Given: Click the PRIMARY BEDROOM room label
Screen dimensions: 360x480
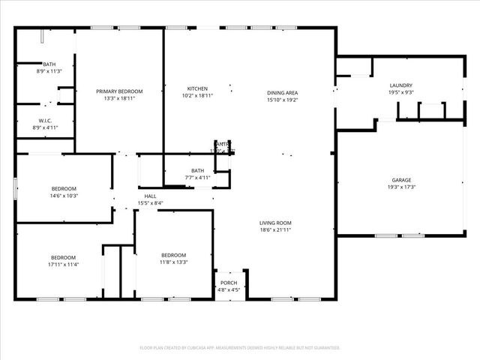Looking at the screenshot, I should [x=119, y=91].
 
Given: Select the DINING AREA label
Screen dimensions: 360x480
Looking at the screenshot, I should [x=282, y=92].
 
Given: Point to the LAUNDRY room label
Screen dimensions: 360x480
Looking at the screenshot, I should [x=401, y=85].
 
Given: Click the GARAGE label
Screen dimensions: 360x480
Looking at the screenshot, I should [x=401, y=180].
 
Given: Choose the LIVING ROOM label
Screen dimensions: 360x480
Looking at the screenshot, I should [x=275, y=223].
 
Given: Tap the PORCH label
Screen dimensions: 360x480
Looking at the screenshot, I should [x=229, y=283].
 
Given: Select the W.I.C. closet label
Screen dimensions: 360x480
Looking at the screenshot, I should [x=45, y=121].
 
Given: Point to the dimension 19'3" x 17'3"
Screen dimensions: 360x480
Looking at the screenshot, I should [x=401, y=187].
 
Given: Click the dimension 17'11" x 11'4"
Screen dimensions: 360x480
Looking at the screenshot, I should [x=63, y=264].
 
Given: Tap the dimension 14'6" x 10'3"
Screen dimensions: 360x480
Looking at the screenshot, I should [x=64, y=195].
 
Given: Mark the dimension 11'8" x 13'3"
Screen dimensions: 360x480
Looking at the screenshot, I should [x=173, y=262].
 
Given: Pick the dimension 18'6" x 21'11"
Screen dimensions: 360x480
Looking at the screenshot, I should [x=275, y=229].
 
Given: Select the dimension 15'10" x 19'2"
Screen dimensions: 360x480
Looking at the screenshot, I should [x=282, y=99].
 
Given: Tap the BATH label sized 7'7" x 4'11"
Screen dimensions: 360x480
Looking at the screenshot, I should [x=197, y=170].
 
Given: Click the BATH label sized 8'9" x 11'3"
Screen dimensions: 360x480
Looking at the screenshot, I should [x=49, y=64].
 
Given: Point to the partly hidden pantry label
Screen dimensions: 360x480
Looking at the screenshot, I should [x=223, y=144].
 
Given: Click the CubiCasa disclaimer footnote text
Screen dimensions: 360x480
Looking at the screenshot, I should [x=240, y=348].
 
